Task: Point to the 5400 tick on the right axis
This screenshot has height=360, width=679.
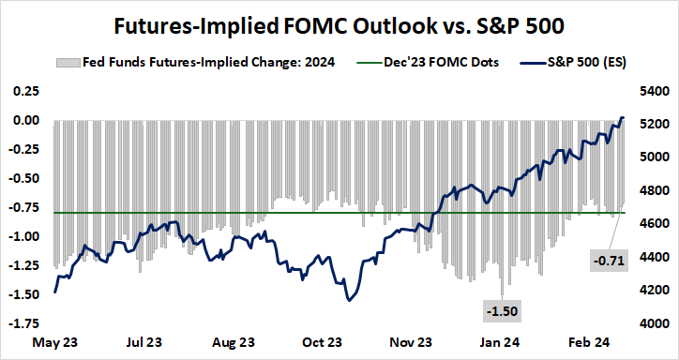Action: tap(653, 92)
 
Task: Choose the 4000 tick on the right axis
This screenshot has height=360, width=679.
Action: tap(653, 323)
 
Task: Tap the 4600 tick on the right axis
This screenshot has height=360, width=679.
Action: tap(653, 224)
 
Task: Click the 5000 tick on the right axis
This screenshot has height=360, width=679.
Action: tap(653, 157)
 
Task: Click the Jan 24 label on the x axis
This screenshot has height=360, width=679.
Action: tap(503, 343)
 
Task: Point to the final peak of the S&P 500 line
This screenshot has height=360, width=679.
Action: tap(623, 118)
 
